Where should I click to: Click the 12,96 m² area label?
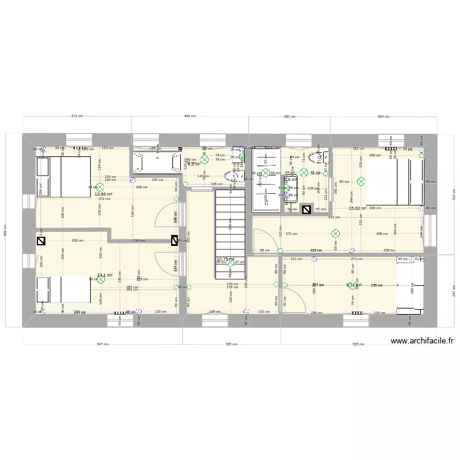click(103, 194)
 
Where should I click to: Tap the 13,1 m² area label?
click(104, 275)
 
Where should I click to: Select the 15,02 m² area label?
click(357, 209)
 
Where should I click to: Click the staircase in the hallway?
click(230, 221)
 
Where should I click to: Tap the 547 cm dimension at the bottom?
click(102, 344)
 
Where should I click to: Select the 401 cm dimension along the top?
click(190, 116)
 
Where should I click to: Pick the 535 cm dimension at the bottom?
click(359, 344)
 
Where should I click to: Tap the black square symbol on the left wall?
click(41, 241)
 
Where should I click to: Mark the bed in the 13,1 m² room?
click(63, 290)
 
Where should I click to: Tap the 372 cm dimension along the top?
click(77, 116)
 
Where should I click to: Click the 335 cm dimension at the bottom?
click(231, 344)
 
